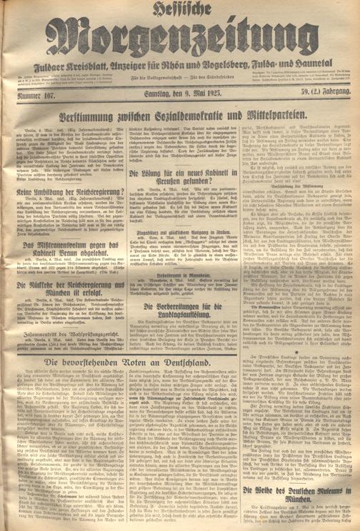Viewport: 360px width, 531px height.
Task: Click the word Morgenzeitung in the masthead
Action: [180, 43]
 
